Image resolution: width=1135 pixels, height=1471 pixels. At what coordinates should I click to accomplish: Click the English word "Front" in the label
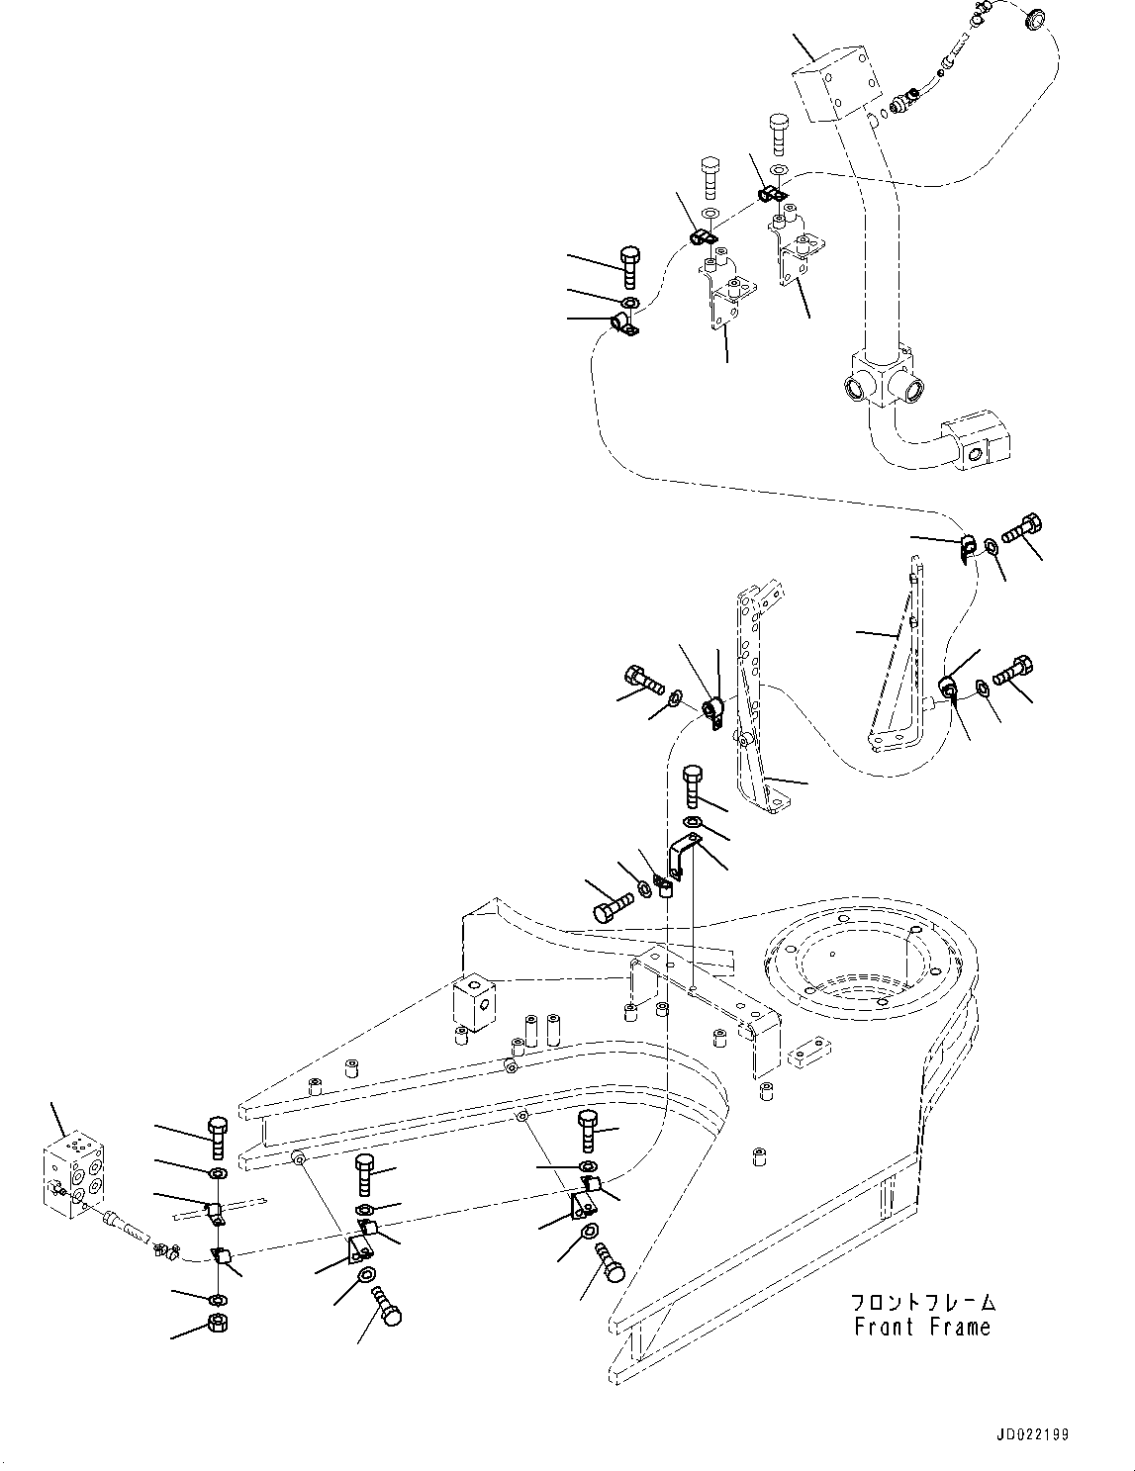pyautogui.click(x=884, y=1327)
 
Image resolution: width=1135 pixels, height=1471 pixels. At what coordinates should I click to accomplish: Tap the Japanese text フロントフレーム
pyautogui.click(x=922, y=1302)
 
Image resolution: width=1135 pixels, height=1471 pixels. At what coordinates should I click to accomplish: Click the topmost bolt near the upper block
pyautogui.click(x=777, y=134)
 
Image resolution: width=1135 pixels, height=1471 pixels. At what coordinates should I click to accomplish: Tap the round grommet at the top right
pyautogui.click(x=1035, y=17)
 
